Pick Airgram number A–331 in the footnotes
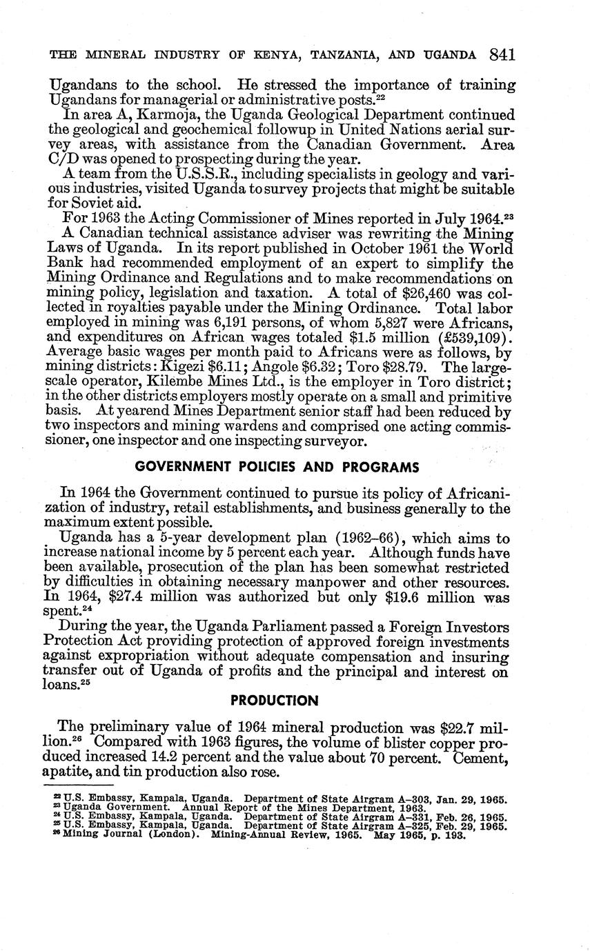pyautogui.click(x=411, y=818)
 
